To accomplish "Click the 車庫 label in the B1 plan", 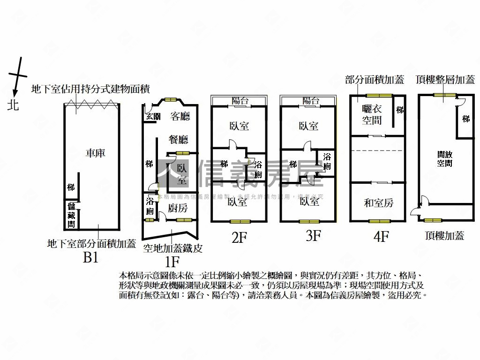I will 96,153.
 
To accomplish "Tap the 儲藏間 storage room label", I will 71,215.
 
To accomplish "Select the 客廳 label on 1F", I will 180,116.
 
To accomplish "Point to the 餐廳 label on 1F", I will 178,139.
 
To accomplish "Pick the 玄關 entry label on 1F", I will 153,116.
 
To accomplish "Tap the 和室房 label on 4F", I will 378,203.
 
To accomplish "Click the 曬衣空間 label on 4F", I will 372,114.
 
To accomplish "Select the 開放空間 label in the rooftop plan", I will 444,158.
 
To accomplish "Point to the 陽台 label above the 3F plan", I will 310,100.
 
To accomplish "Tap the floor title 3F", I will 313,236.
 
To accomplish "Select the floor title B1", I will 90,257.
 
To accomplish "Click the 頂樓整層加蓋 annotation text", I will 445,80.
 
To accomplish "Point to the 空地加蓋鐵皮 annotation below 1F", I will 172,248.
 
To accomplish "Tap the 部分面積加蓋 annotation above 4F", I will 374,80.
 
